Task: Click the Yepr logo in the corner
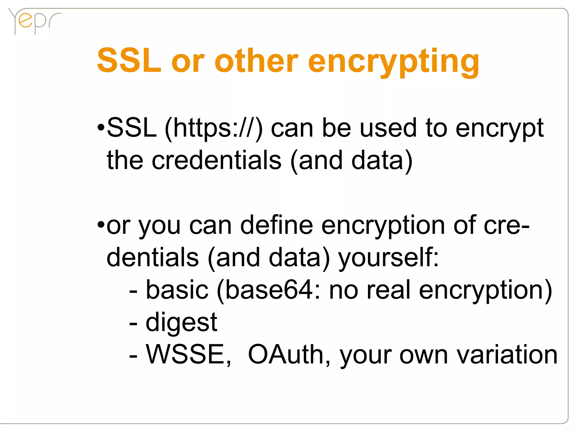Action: (34, 21)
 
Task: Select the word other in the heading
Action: (256, 60)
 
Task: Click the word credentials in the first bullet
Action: (217, 160)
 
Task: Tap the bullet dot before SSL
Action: (101, 128)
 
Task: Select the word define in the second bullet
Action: (276, 225)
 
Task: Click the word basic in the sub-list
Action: (177, 290)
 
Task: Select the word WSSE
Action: (188, 354)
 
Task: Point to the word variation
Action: (507, 354)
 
